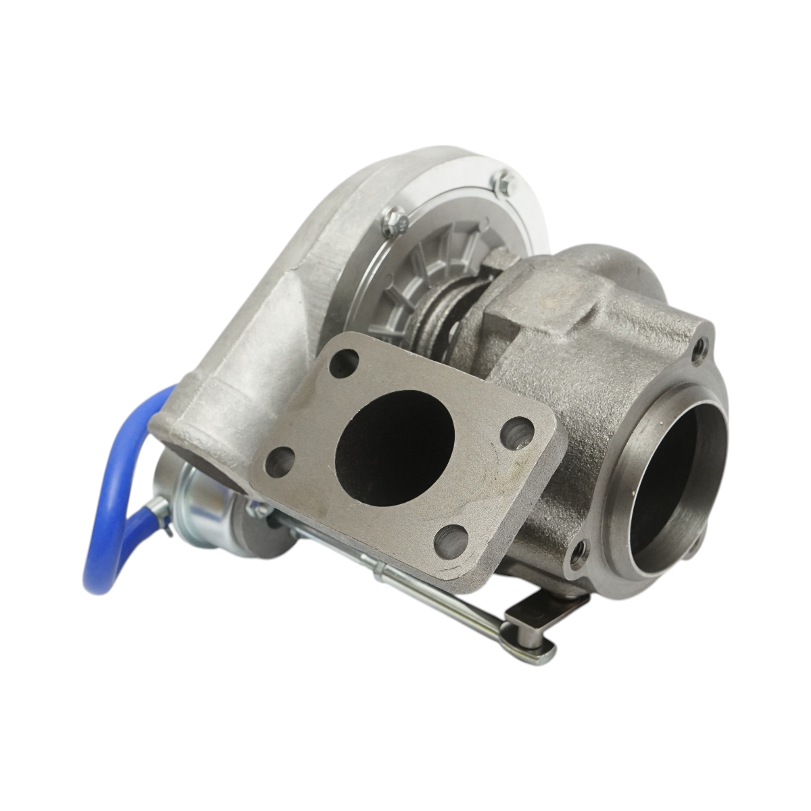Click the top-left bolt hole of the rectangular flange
coord(344,361)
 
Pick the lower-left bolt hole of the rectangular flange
coord(279,462)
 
